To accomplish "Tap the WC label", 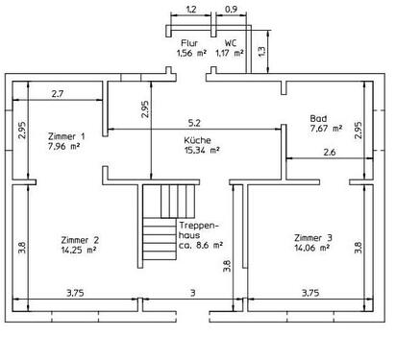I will click(231, 43).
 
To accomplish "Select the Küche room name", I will click(199, 140).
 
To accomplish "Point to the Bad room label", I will click(318, 117).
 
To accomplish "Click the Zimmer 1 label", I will click(65, 136).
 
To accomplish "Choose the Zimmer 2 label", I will click(79, 239).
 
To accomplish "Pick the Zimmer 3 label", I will click(313, 236).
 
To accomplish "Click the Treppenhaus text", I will click(200, 230).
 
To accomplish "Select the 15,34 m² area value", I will click(202, 150).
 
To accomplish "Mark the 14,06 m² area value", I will click(313, 247).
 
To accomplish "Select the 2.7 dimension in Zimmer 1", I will click(57, 93).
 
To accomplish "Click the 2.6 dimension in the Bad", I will click(329, 153).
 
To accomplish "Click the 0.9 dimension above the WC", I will click(231, 10).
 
